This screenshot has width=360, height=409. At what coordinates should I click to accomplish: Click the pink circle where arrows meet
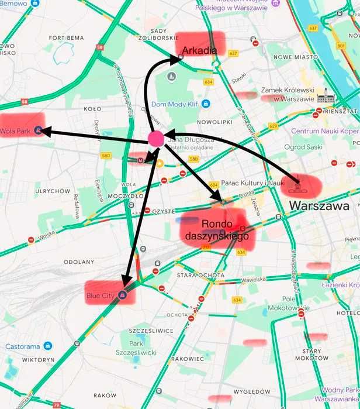(x=156, y=139)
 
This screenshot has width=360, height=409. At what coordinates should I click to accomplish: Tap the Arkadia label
(x=200, y=50)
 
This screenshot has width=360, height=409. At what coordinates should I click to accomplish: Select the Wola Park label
(x=16, y=131)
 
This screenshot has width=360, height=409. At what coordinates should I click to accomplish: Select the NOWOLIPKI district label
(x=215, y=122)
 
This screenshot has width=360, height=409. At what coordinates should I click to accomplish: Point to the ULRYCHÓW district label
(x=53, y=191)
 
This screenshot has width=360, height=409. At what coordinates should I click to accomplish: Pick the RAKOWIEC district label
(x=188, y=359)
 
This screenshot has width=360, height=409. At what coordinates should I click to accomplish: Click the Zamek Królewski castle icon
(x=323, y=96)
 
